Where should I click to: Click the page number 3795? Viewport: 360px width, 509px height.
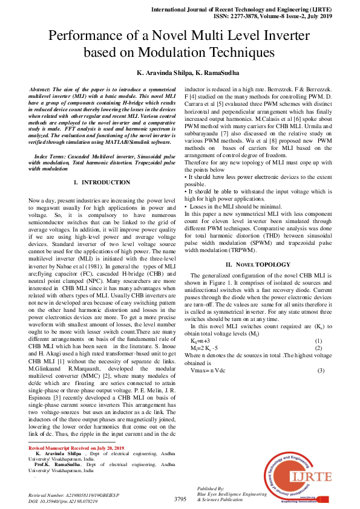coord(180,499)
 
